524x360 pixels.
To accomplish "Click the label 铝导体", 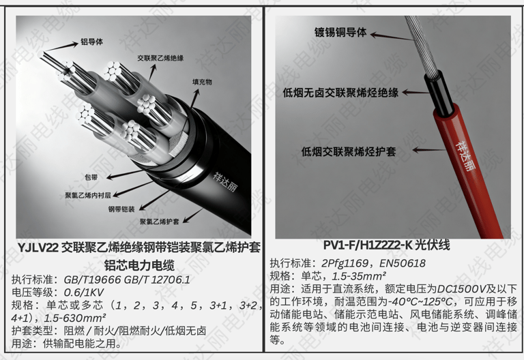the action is click(x=91, y=42).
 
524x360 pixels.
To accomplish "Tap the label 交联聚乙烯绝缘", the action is click(x=160, y=58).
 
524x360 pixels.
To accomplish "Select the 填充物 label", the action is click(x=202, y=82).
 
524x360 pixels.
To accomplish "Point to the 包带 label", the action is click(x=91, y=177).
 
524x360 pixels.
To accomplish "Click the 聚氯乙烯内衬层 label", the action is click(x=88, y=196).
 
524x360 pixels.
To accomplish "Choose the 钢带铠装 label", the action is click(x=121, y=209).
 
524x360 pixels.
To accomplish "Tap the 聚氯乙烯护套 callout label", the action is click(x=160, y=222).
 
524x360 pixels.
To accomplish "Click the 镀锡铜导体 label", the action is click(x=340, y=33).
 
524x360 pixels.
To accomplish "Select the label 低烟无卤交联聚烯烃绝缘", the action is click(x=340, y=93).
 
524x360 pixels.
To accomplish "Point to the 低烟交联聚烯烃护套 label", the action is click(x=349, y=152).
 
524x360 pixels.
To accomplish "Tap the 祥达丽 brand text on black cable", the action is click(x=224, y=182).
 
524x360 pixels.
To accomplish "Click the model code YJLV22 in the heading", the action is click(x=38, y=247).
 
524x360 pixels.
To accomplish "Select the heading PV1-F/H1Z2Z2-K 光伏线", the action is click(x=386, y=245).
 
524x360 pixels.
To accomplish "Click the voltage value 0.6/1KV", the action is click(x=83, y=292).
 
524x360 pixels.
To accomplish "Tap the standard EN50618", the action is click(x=403, y=263).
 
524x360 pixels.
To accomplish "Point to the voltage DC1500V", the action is click(x=461, y=289).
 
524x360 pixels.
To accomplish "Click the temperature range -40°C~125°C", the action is click(x=420, y=301).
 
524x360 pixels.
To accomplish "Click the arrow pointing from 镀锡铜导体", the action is click(x=392, y=37).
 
